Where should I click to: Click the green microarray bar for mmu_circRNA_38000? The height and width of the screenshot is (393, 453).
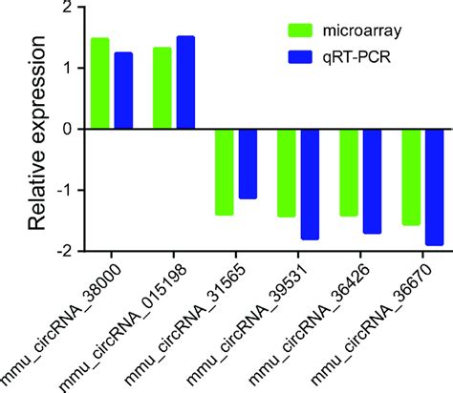(x=100, y=83)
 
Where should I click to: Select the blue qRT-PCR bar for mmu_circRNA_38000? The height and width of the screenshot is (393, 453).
(x=123, y=89)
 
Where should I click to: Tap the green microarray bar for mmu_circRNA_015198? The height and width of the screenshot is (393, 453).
(x=162, y=88)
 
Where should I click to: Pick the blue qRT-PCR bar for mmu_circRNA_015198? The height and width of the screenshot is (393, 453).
(x=185, y=82)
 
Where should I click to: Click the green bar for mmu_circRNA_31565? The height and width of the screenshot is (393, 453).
(x=225, y=172)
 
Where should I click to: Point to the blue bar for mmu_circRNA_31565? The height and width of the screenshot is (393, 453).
(x=248, y=163)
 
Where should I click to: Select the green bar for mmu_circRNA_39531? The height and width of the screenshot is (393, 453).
(x=287, y=173)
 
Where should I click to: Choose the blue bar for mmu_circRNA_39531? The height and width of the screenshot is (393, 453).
(x=310, y=183)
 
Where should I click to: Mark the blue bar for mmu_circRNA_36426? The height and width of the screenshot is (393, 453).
(x=372, y=180)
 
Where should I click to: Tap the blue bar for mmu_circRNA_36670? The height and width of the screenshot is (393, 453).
(x=434, y=187)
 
